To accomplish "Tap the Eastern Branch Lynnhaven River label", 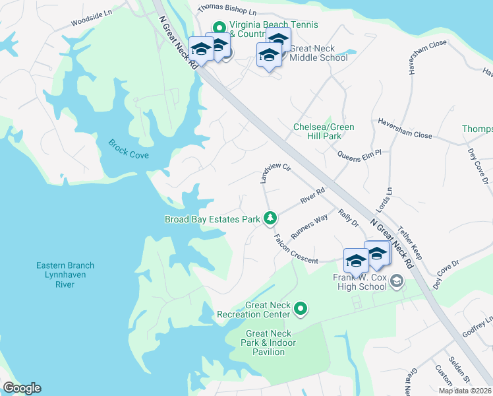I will (x=65, y=275).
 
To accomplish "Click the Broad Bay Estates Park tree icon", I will (x=270, y=217).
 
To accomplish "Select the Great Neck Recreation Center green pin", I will (x=301, y=308).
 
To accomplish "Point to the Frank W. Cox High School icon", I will (x=396, y=282).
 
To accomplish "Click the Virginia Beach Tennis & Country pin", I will (x=219, y=25).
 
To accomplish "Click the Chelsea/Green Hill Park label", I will (x=324, y=131).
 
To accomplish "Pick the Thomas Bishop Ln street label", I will (x=227, y=11).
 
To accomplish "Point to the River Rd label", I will (x=312, y=195).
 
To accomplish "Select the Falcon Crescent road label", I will (x=296, y=249).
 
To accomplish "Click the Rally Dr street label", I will (x=348, y=218).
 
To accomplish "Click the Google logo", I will (x=22, y=388).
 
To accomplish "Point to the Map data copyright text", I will (x=465, y=391).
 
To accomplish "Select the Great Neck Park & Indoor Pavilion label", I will (x=271, y=343).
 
